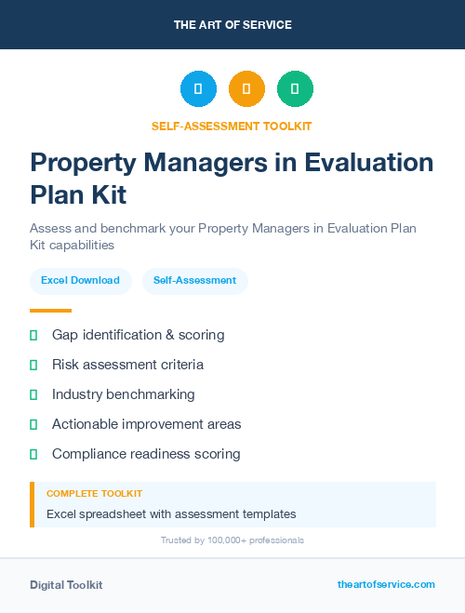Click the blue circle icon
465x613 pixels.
[x=198, y=89]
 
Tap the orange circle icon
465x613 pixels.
[x=246, y=89]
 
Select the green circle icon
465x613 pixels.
[x=295, y=89]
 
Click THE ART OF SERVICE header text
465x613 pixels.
[x=232, y=25]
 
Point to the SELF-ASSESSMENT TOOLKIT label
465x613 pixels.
[x=232, y=126]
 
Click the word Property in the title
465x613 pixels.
[x=78, y=163]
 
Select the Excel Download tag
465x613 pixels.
[x=80, y=280]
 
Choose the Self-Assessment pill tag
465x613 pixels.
[x=194, y=280]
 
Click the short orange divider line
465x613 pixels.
[x=50, y=311]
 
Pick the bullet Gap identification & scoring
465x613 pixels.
[x=138, y=335]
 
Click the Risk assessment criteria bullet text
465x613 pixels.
[x=127, y=365]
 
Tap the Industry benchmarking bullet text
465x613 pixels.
[x=124, y=394]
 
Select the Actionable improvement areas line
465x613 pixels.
[x=146, y=424]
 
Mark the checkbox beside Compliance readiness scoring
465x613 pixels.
[x=33, y=454]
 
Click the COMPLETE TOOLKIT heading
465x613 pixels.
[x=94, y=494]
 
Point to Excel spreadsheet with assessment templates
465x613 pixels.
[x=171, y=513]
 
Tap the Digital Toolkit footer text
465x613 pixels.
[x=66, y=585]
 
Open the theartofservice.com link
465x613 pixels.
[x=386, y=584]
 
